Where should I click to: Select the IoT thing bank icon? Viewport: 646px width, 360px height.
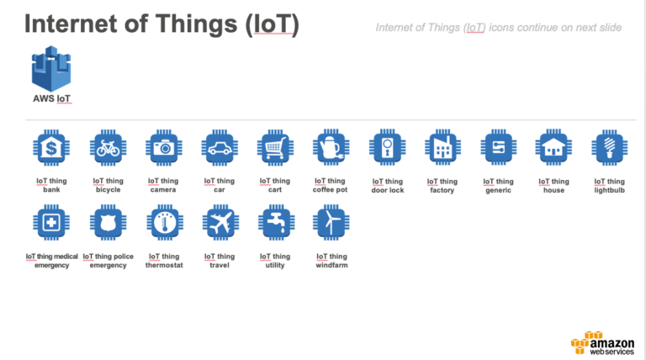coord(51,148)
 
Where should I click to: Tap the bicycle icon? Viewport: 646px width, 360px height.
coord(108,148)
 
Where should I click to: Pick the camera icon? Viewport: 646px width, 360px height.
coord(163,148)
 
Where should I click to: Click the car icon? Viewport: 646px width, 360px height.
coord(219,148)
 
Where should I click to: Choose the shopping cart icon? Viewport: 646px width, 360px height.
coord(275,148)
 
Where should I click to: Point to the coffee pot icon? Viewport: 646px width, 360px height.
coord(331,148)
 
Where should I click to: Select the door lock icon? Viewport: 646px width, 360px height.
coord(387,149)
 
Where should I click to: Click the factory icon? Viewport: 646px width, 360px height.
coord(442,149)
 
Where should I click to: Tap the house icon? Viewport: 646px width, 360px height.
coord(553,149)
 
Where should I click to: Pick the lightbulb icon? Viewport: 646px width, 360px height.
coord(609,149)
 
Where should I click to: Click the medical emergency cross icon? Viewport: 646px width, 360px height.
coord(51,223)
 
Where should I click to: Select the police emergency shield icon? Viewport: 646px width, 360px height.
coord(108,223)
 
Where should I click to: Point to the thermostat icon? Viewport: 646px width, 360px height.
coord(163,223)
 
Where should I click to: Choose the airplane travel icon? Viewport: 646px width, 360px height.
coord(219,223)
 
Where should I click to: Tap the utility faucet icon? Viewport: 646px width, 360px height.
coord(275,223)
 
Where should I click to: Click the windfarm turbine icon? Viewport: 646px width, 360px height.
coord(331,223)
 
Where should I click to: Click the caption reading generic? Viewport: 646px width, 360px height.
coord(498,190)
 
